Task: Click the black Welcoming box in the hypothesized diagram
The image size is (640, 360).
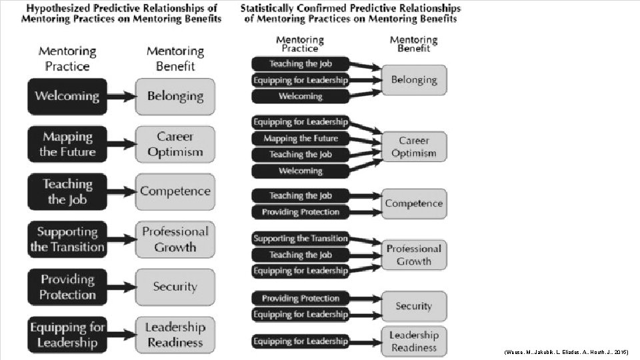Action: [67, 96]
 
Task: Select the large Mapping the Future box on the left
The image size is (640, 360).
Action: [67, 144]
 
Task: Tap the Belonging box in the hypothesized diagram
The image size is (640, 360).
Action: [175, 96]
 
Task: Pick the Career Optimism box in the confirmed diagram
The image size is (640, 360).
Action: [413, 147]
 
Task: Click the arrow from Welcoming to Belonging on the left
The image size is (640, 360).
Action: [121, 96]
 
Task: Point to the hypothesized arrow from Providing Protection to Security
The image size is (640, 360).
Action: [121, 287]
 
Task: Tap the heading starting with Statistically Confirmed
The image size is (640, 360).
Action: [351, 13]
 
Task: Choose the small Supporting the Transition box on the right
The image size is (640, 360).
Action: [300, 239]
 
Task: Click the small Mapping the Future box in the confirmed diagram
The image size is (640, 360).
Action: [300, 139]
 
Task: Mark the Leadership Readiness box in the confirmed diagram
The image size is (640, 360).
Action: [413, 341]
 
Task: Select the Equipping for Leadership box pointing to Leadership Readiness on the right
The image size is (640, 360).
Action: [300, 341]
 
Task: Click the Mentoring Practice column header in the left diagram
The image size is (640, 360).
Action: [67, 59]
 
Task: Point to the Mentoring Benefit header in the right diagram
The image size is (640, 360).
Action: [413, 44]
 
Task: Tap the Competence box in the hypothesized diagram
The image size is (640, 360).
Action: [175, 191]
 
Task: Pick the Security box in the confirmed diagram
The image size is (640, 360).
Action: [413, 306]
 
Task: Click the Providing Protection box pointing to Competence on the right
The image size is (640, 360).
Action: [300, 212]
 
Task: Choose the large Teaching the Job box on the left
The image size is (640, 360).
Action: [67, 191]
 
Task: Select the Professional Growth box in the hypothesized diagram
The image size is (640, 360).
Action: [175, 239]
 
